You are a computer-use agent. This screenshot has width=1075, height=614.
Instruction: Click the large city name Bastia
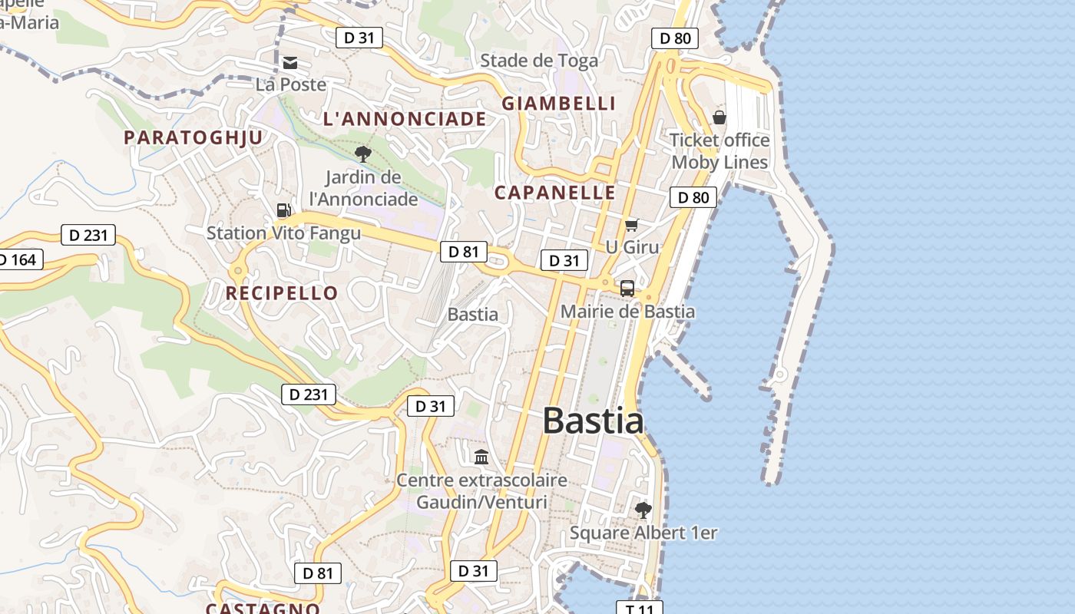(x=593, y=421)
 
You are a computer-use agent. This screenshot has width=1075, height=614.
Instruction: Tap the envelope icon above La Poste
(x=290, y=63)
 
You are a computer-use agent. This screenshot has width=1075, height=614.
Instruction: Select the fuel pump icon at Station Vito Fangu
(x=283, y=210)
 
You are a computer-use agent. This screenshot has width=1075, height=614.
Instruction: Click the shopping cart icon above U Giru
(x=631, y=225)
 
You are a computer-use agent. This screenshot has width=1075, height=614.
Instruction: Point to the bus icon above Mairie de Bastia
(x=627, y=289)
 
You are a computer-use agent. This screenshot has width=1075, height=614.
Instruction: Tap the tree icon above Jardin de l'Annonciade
(x=363, y=153)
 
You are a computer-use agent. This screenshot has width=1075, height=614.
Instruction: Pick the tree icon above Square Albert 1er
(x=643, y=510)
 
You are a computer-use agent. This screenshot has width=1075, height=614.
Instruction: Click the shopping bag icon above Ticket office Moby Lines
(x=719, y=117)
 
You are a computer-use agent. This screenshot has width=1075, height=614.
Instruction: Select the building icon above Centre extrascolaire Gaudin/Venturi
(x=481, y=457)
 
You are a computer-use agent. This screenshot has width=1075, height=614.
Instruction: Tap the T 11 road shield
(x=639, y=608)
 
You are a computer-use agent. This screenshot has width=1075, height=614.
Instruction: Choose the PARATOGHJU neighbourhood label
(x=193, y=137)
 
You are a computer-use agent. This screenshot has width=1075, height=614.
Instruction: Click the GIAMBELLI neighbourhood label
(x=559, y=104)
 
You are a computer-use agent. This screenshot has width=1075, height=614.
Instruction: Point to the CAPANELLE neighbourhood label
(x=555, y=193)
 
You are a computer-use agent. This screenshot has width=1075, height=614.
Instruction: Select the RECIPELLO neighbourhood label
(x=282, y=293)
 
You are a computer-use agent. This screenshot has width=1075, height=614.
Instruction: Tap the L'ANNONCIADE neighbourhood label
(x=405, y=119)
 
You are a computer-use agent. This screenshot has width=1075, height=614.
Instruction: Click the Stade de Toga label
(x=539, y=61)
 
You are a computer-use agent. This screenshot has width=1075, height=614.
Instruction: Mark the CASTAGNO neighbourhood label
(x=263, y=609)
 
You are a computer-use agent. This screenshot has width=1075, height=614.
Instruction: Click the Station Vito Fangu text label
(x=283, y=233)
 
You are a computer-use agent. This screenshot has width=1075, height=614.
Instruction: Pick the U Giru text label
(x=633, y=247)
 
